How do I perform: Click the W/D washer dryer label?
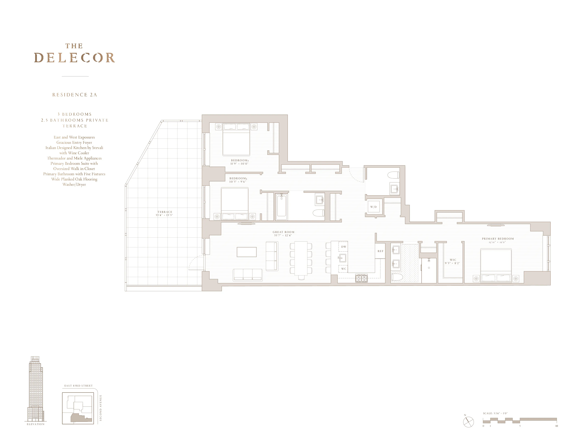click(373, 207)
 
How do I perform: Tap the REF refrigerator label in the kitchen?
click(380, 251)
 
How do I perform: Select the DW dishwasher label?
click(343, 247)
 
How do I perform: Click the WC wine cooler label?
click(343, 269)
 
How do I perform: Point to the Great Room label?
click(283, 232)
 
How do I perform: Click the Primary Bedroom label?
click(498, 239)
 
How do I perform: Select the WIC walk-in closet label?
click(453, 260)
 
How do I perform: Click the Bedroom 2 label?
click(240, 160)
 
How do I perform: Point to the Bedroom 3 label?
click(238, 179)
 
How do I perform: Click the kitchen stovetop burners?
click(361, 278)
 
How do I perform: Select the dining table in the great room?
click(301, 258)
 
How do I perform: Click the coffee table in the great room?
click(247, 252)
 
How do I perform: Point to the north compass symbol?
click(468, 422)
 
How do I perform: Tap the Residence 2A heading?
click(74, 95)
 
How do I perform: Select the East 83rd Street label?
click(79, 386)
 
